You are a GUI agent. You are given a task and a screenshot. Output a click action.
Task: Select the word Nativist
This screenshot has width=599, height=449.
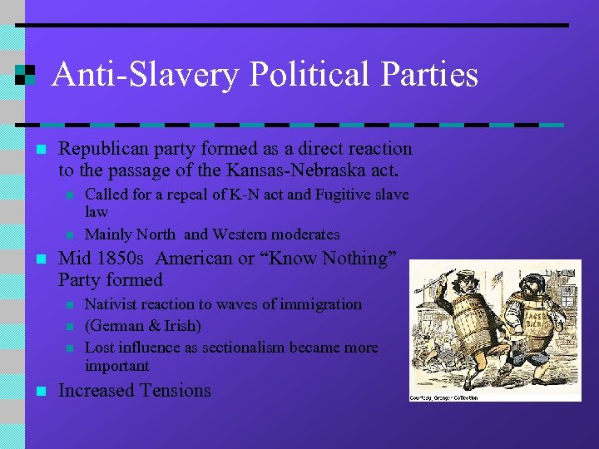tap(114, 304)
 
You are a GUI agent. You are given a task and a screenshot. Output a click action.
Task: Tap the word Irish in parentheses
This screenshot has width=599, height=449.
tap(182, 326)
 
